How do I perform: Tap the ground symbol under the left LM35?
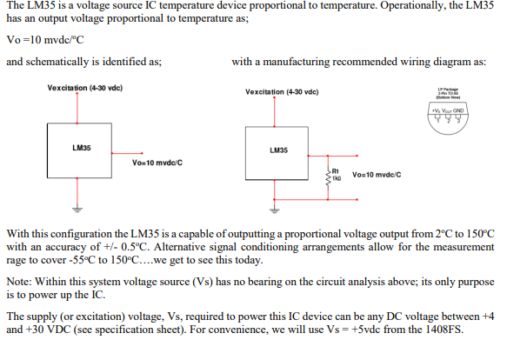tap(77, 208)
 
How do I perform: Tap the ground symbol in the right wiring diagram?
tap(276, 210)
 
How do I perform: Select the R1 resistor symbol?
tap(328, 177)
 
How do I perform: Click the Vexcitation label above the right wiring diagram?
tap(282, 91)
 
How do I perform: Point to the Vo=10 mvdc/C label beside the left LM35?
tap(157, 163)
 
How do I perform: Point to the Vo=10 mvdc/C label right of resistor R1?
tap(377, 175)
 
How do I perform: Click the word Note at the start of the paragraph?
tap(20, 283)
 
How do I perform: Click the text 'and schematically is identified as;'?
tap(83, 63)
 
